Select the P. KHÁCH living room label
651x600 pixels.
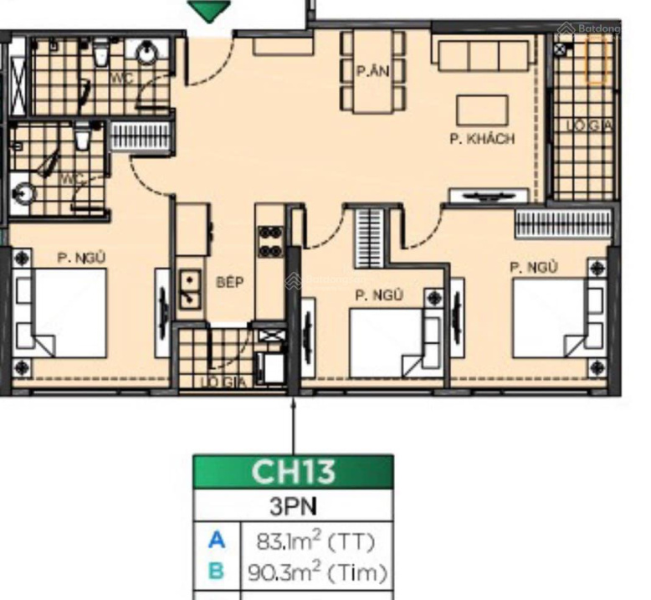[482, 139]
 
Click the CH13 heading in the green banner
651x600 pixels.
[293, 472]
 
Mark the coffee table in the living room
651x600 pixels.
[482, 110]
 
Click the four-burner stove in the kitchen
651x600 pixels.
[269, 241]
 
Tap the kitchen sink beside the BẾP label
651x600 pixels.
[190, 287]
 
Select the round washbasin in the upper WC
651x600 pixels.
[147, 54]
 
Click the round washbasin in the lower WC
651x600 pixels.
[21, 193]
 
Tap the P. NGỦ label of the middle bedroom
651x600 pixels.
[378, 295]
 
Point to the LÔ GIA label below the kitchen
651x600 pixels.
[216, 382]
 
